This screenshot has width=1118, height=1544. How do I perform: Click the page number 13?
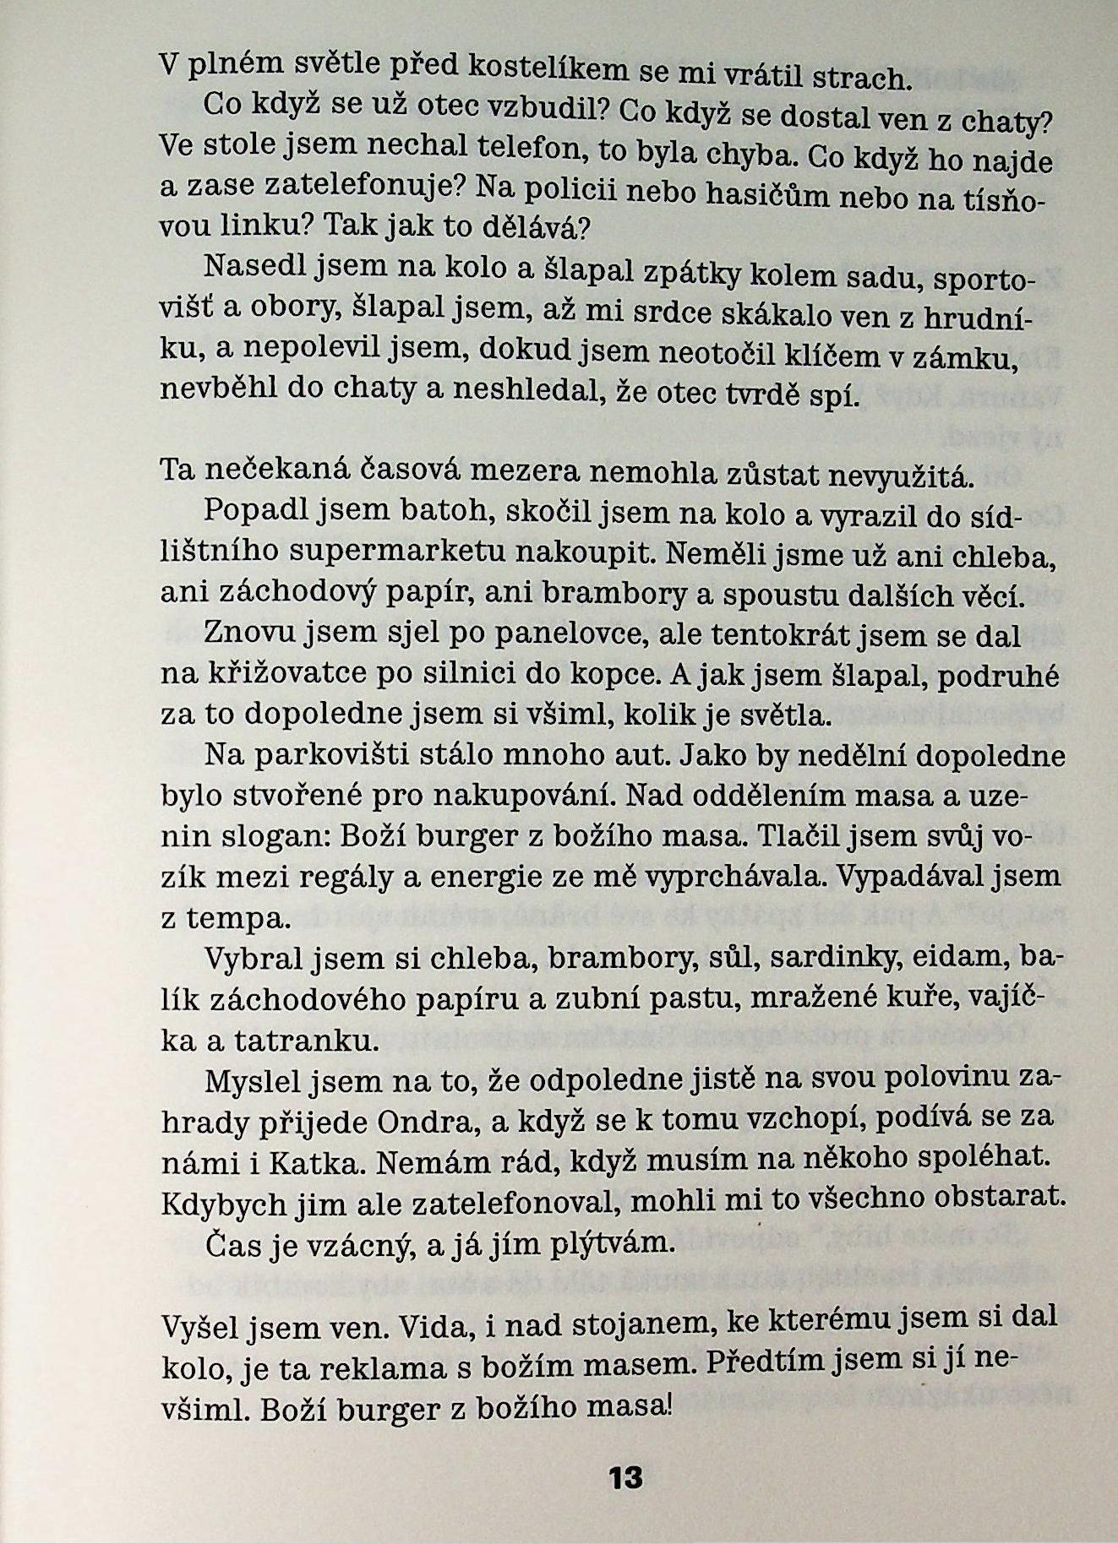pyautogui.click(x=624, y=1477)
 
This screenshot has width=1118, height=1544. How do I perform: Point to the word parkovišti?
pyautogui.click(x=368, y=753)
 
